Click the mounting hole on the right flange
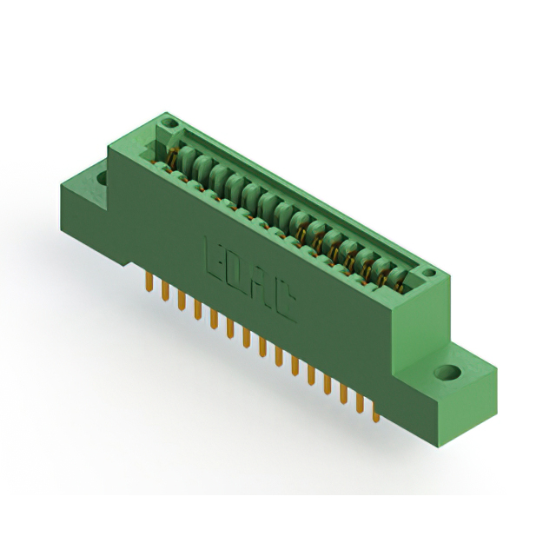click(449, 373)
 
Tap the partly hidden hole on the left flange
click(103, 178)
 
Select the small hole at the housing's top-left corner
click(169, 124)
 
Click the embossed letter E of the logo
click(213, 252)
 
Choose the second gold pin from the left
click(165, 293)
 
